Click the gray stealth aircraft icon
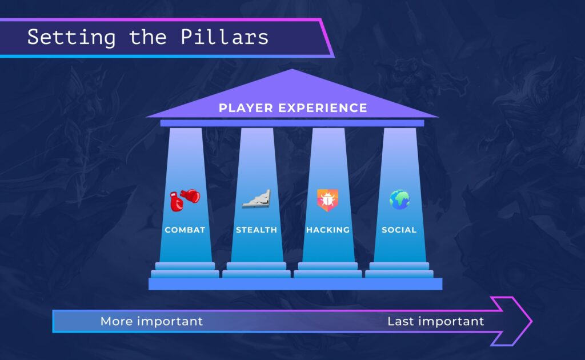(x=257, y=199)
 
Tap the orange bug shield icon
(x=327, y=200)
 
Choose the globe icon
(x=399, y=199)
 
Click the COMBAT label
(x=185, y=230)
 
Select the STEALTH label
(x=257, y=230)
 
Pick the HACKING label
(x=328, y=230)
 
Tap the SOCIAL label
(x=399, y=230)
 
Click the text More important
(x=151, y=321)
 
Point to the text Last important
(x=435, y=321)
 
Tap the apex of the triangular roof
(x=292, y=72)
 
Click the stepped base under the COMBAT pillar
(x=185, y=270)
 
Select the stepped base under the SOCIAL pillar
(x=399, y=270)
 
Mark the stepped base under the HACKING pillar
(x=328, y=270)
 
